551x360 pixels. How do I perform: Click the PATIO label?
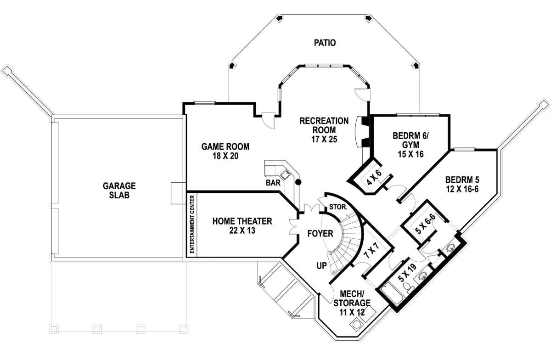point(325,43)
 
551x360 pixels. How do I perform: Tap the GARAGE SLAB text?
point(119,190)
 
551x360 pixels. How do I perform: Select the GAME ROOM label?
point(225,146)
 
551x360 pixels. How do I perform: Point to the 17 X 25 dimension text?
point(324,139)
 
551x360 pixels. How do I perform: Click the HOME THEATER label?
point(242,221)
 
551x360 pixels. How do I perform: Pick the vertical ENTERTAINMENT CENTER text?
point(192,224)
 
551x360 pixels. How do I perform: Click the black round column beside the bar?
point(298,182)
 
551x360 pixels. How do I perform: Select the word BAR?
point(273,183)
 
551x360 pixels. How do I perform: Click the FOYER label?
point(320,233)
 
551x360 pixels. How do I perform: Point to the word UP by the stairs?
point(321,265)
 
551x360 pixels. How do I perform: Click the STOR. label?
point(338,207)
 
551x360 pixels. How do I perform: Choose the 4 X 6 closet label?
point(374,177)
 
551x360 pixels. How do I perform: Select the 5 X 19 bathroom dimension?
point(407,272)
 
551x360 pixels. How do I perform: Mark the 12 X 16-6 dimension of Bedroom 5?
point(462,189)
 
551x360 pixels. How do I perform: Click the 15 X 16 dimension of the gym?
point(410,154)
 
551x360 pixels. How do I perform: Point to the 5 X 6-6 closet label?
point(425,224)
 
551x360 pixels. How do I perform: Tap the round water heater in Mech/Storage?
point(356,324)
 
